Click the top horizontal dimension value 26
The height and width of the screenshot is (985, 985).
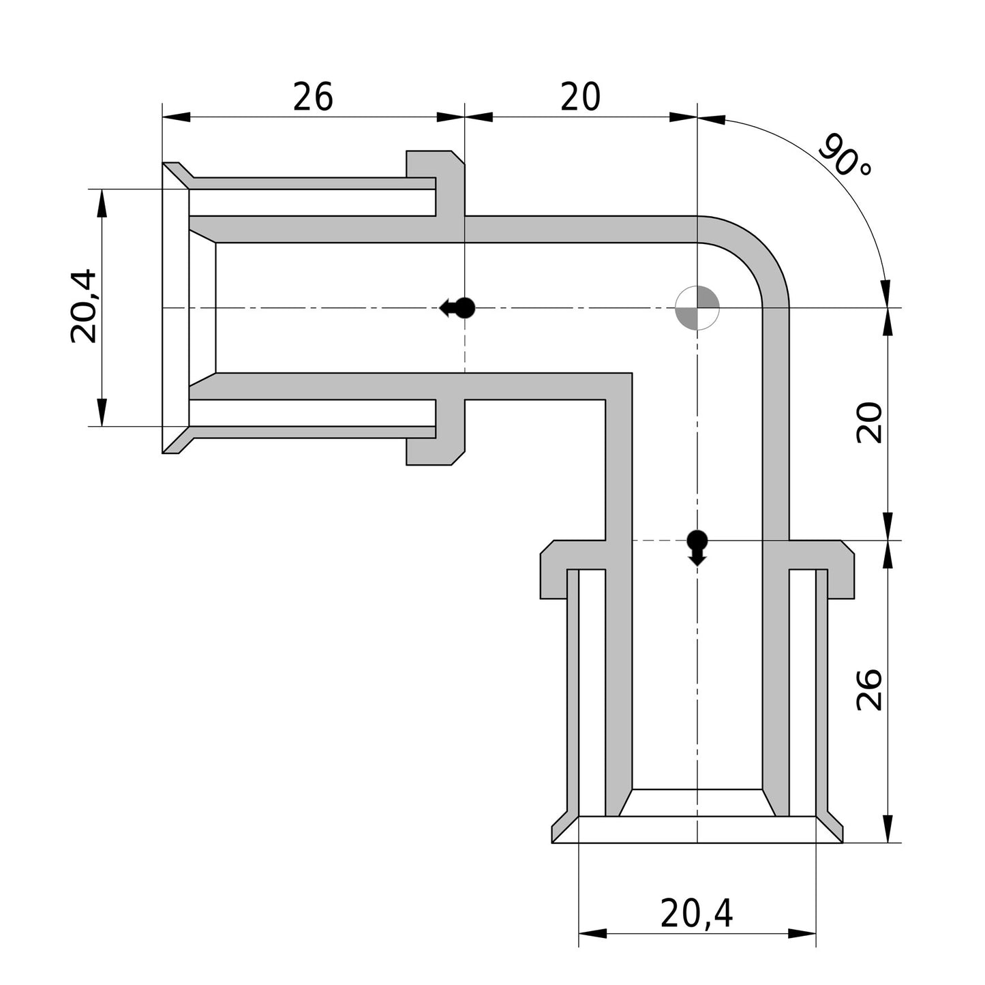point(313,97)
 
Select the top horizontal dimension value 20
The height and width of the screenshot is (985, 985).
point(580,97)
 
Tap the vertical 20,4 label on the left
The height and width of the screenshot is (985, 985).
point(82,307)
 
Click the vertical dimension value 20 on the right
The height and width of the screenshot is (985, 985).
point(869,423)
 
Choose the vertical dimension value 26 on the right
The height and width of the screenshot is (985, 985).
point(869,690)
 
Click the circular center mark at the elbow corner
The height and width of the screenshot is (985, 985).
point(697,307)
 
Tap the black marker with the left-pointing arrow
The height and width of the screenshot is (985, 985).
point(457,307)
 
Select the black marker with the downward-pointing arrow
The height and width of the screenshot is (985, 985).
point(697,547)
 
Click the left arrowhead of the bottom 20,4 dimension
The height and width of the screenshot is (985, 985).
point(592,933)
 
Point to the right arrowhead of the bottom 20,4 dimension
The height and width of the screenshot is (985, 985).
point(802,933)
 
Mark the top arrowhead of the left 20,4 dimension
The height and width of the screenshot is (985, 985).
point(102,203)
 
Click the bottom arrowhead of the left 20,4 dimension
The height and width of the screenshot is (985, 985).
point(102,412)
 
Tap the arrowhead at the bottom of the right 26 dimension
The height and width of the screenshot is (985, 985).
point(888,829)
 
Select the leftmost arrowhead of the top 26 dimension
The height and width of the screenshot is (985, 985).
point(177,117)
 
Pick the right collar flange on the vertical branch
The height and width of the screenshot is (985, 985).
point(821,569)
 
